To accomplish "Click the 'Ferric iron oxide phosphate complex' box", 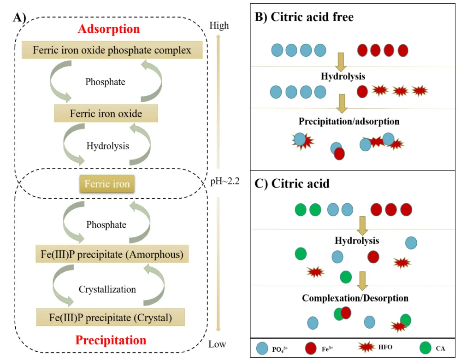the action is [112, 50].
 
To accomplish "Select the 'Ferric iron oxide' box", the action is [106, 113].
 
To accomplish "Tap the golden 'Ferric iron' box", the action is [107, 183].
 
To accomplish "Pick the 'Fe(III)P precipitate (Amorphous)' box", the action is [112, 254].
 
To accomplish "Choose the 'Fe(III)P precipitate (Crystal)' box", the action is [111, 317].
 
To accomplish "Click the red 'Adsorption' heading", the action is [109, 29].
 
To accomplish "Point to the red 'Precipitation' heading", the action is [111, 340].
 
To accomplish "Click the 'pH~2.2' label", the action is [225, 181].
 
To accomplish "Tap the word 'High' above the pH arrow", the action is [219, 25].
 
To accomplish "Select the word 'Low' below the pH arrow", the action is [217, 344].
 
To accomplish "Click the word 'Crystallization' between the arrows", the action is [107, 289].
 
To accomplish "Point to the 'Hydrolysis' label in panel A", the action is [107, 146].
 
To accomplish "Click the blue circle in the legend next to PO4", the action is [262, 348].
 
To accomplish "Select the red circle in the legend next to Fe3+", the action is [311, 348].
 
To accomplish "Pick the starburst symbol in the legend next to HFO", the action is [366, 347].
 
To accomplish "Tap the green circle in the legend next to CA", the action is [426, 348].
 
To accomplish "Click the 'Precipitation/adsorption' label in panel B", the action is [349, 121].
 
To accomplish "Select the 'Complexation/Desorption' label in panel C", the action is [355, 298].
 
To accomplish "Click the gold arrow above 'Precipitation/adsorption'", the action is [342, 104].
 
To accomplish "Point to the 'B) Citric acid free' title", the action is [304, 17].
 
